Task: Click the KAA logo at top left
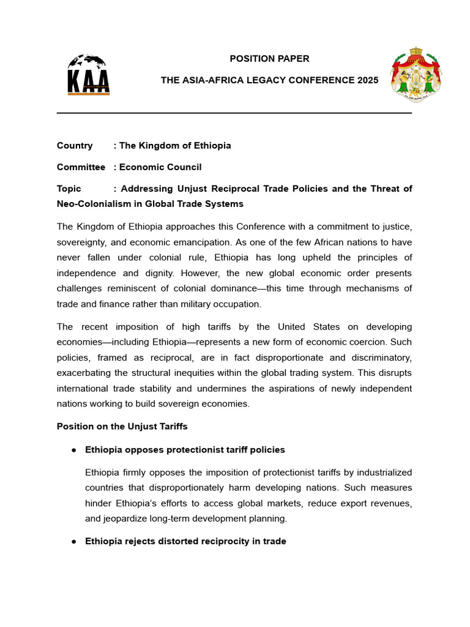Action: [88, 75]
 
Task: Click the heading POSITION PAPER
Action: [269, 59]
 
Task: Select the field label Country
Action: [75, 146]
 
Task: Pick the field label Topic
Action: [69, 189]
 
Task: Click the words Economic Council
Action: [160, 167]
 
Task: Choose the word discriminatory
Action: [378, 358]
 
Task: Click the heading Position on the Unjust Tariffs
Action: [122, 426]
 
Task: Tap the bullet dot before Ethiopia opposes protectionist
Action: [73, 450]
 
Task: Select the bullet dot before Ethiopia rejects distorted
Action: [73, 542]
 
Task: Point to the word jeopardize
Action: [107, 519]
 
